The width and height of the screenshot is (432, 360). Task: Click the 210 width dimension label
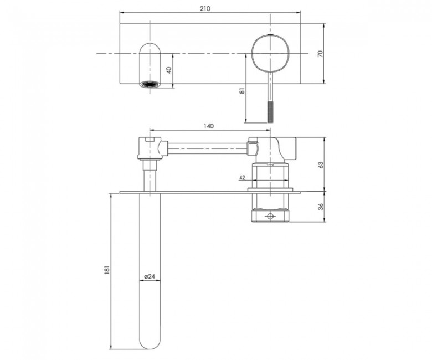[x=205, y=8]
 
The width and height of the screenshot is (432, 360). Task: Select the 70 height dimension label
[x=320, y=54]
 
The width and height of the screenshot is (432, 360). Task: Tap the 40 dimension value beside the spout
[x=169, y=70]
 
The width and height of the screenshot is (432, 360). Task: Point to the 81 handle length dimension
[x=242, y=90]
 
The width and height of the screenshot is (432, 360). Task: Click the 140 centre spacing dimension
[x=209, y=126]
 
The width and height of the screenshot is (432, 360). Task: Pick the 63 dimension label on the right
[x=320, y=164]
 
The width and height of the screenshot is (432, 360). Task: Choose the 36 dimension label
[x=320, y=207]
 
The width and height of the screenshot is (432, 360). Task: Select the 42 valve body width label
[x=242, y=178]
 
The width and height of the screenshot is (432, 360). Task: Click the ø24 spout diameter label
[x=150, y=276]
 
